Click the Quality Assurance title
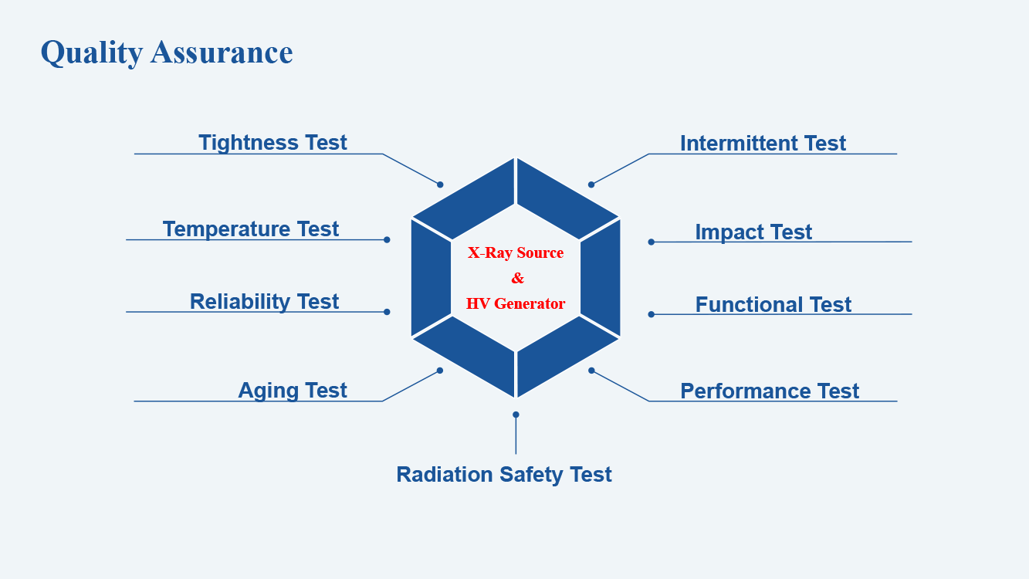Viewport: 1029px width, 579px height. point(167,52)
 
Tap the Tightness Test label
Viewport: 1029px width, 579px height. point(272,143)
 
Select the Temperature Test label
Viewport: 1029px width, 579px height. point(251,229)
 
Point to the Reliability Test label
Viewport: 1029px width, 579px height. point(264,302)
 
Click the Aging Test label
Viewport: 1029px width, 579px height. point(292,391)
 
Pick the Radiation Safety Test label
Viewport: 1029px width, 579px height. point(504,475)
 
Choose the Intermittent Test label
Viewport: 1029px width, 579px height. point(763,144)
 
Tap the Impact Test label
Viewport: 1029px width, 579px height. point(753,232)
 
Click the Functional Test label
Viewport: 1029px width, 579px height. point(773,305)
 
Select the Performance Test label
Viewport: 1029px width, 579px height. point(770,391)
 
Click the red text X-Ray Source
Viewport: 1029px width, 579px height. point(516,252)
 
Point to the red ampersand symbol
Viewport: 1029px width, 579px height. point(517,278)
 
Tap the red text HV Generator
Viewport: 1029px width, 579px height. point(516,303)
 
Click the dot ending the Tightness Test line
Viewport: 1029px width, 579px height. point(440,185)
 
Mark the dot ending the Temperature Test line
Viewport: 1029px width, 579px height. point(387,240)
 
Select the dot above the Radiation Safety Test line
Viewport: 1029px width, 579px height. point(516,415)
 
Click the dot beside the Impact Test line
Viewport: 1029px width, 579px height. point(651,242)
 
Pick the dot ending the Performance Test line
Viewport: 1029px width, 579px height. point(591,371)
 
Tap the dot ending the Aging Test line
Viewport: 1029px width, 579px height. point(440,371)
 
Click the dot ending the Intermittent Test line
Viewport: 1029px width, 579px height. point(591,185)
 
